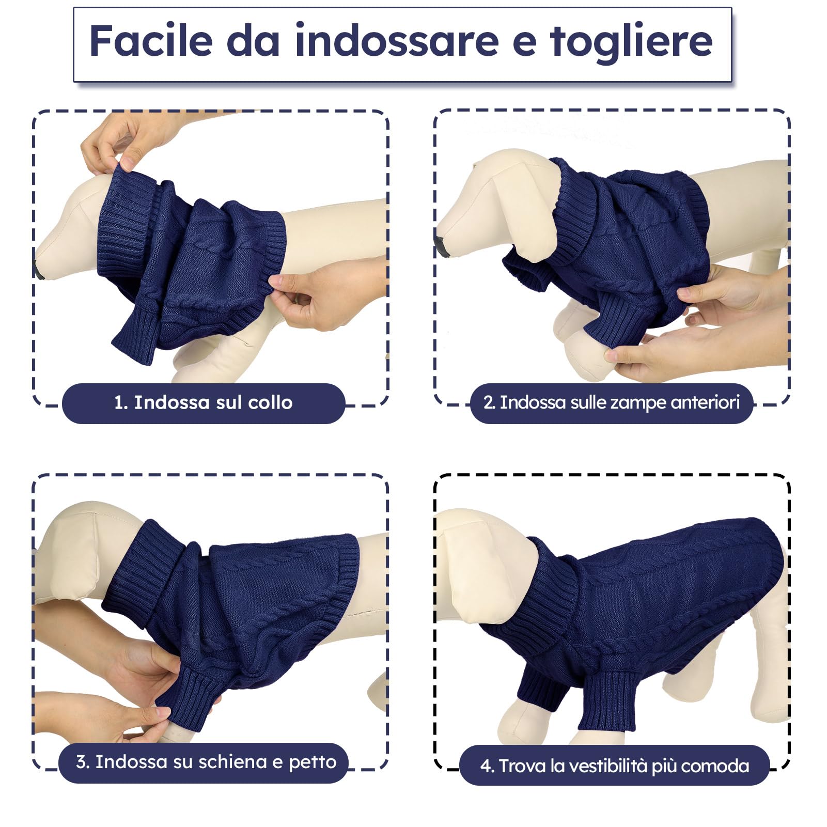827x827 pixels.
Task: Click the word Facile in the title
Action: pos(151,41)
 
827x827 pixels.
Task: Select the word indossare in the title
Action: pos(397,41)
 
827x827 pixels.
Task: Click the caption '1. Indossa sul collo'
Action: pos(203,403)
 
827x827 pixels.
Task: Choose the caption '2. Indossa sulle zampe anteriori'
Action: pos(612,403)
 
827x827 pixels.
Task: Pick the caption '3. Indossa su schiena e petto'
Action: pos(206,762)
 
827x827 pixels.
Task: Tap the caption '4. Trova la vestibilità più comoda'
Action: pos(614,766)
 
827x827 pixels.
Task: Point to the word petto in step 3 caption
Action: pos(313,762)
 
